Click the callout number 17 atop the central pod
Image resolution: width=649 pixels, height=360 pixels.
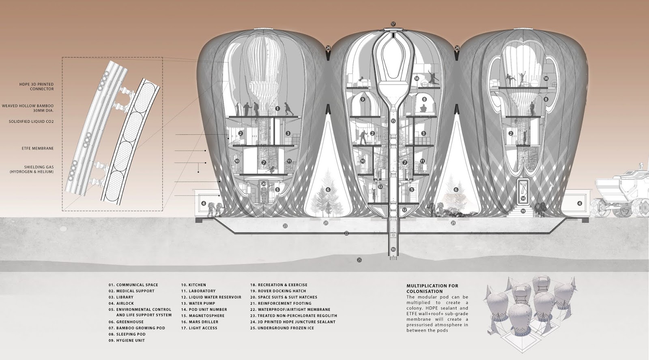(x=393, y=24)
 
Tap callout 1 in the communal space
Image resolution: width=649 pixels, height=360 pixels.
(x=277, y=108)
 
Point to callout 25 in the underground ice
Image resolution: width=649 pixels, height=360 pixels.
(x=359, y=259)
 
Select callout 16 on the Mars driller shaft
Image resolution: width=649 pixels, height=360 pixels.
(x=393, y=249)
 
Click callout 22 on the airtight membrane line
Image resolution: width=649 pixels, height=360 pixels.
(x=346, y=233)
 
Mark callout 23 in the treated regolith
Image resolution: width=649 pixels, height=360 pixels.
(x=285, y=225)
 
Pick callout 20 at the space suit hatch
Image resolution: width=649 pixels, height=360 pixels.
(x=263, y=184)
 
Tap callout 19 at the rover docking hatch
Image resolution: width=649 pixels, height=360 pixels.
(x=523, y=211)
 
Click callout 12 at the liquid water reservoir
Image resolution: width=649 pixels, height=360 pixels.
(x=404, y=210)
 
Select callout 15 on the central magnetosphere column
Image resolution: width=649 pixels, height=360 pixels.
(x=393, y=121)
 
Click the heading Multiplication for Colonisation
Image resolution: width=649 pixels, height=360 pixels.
(x=432, y=288)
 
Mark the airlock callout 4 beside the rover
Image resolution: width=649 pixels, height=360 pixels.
(x=579, y=204)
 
